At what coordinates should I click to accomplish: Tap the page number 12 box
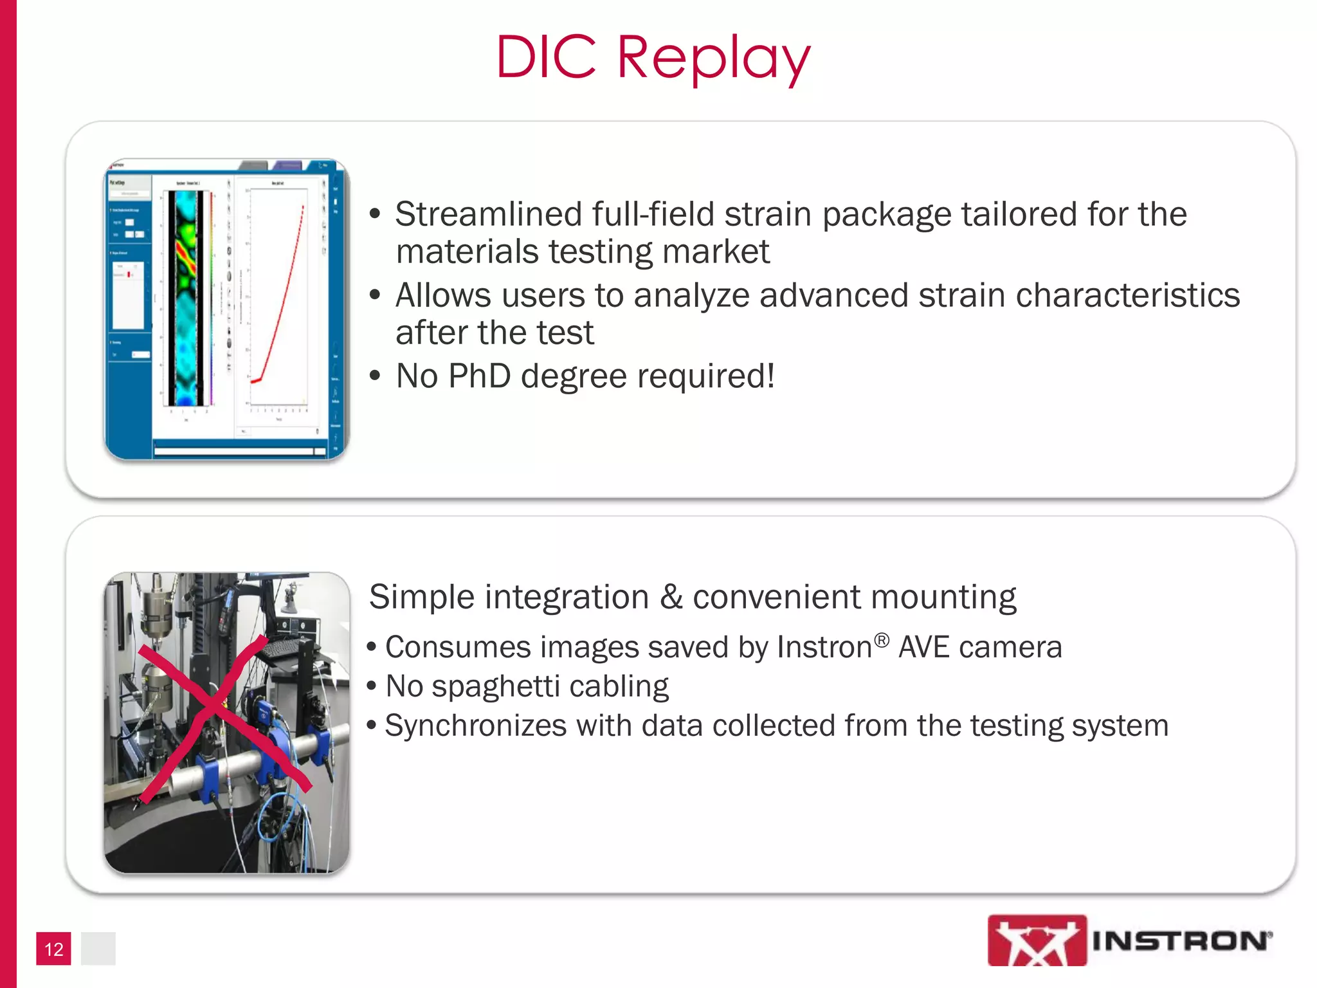[x=53, y=949]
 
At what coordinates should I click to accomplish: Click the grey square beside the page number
[x=98, y=949]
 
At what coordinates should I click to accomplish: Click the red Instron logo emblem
[x=1037, y=940]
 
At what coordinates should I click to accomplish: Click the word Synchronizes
[x=475, y=726]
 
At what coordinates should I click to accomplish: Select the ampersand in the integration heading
[x=671, y=597]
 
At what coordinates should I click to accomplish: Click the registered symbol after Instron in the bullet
[x=882, y=640]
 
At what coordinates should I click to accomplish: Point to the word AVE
[x=923, y=647]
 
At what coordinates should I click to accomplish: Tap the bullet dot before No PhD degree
[x=376, y=376]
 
